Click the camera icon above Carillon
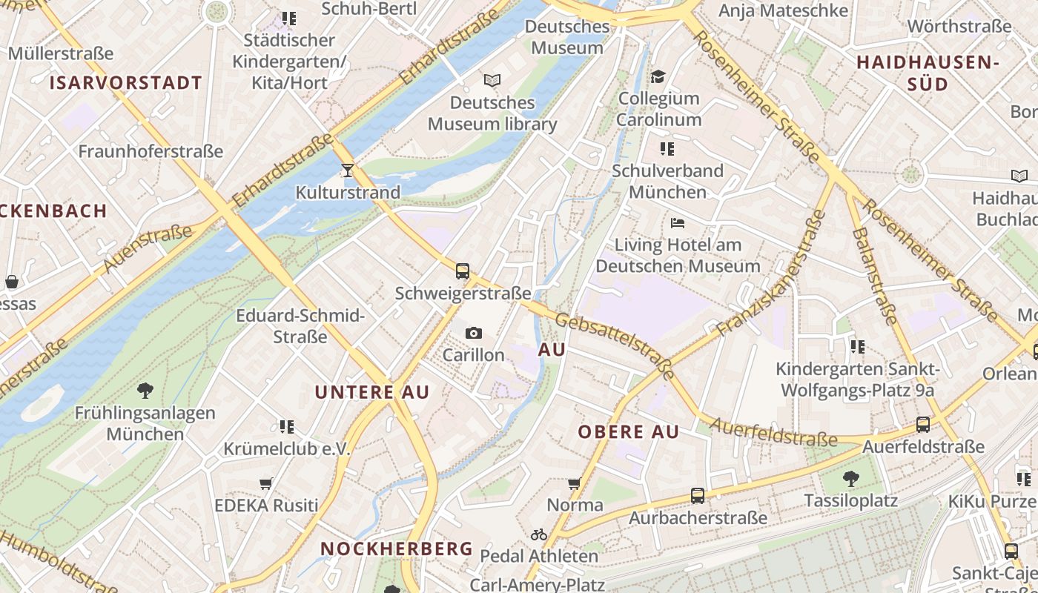[x=473, y=334]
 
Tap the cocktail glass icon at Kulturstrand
[x=347, y=170]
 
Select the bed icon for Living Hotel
[x=677, y=222]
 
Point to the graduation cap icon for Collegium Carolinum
[x=658, y=76]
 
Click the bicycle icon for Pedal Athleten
[x=539, y=534]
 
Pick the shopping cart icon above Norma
[x=574, y=484]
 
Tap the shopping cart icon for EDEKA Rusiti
[x=266, y=484]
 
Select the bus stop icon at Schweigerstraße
[x=463, y=271]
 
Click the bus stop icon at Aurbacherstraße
[x=697, y=496]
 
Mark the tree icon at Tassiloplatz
[x=851, y=479]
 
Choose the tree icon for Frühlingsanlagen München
[x=145, y=390]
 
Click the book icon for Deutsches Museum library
[x=492, y=80]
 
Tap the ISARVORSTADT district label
[x=126, y=83]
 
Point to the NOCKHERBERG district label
[x=396, y=549]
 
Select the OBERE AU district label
[x=628, y=432]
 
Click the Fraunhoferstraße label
[x=151, y=152]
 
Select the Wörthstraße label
[x=959, y=27]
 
